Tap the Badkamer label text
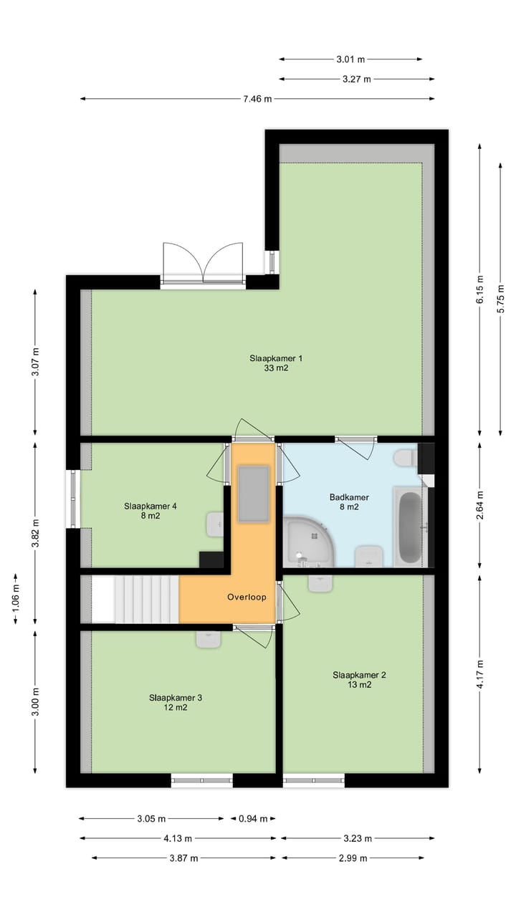click(344, 501)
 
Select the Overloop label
click(247, 597)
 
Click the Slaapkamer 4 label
click(150, 510)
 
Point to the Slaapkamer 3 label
click(176, 702)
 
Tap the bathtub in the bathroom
click(410, 527)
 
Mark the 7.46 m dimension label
click(257, 99)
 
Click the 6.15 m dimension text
click(480, 289)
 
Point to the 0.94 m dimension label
click(253, 819)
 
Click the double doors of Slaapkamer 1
click(203, 265)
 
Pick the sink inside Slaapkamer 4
click(215, 524)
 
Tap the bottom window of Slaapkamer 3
click(201, 780)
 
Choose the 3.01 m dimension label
click(350, 59)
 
